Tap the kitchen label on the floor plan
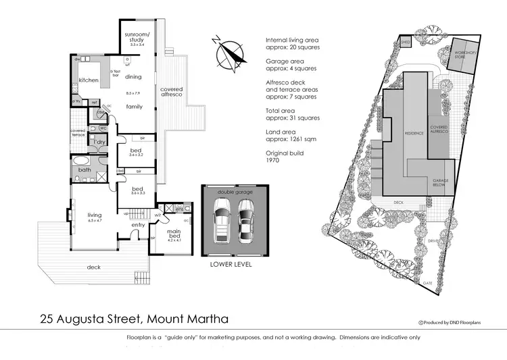click(89, 80)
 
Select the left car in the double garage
click(221, 221)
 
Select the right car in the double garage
click(245, 221)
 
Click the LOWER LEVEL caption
click(231, 265)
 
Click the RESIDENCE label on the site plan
click(414, 132)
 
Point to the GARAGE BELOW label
click(440, 183)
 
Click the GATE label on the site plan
click(427, 282)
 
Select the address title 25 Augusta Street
click(134, 318)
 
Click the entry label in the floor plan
click(138, 225)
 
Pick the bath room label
click(84, 170)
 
